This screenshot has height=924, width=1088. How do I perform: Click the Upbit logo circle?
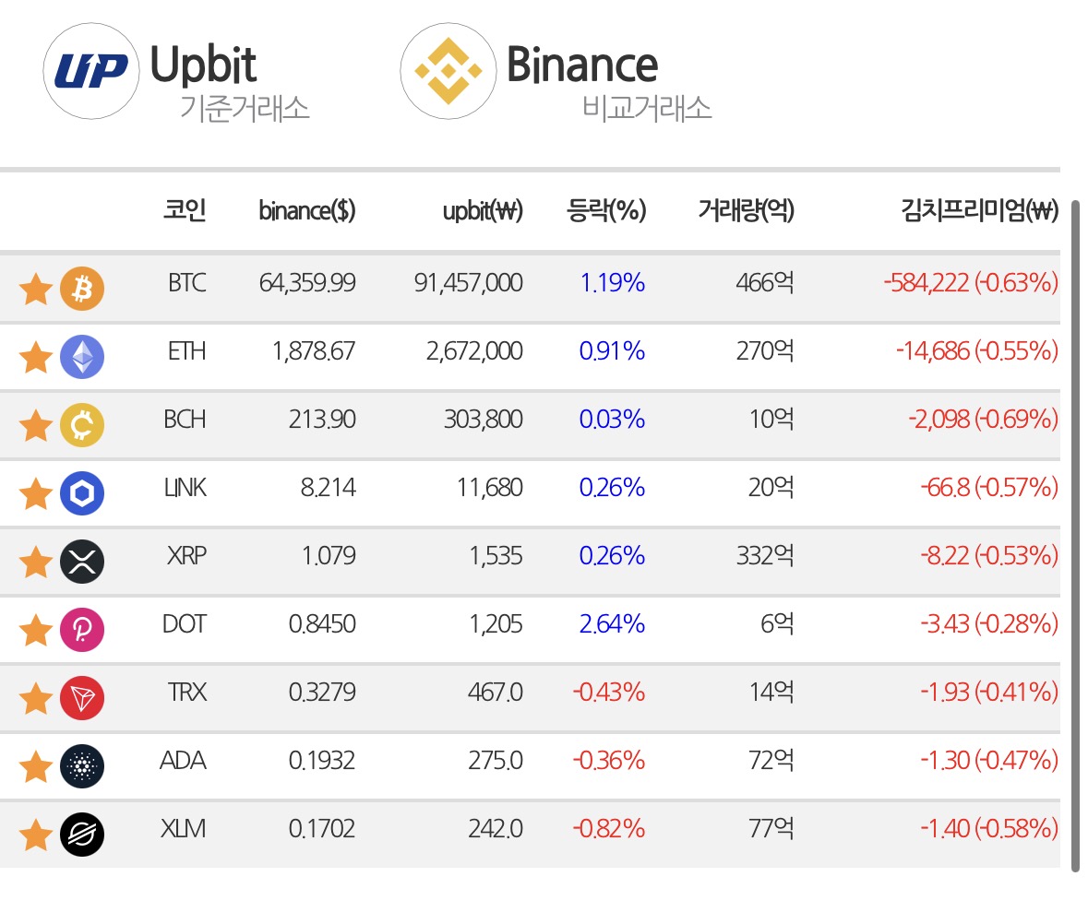point(91,71)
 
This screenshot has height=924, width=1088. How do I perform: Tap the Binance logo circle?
point(448,71)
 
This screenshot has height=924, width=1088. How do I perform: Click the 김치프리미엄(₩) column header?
point(979,209)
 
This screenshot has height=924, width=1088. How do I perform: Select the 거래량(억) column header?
point(746,209)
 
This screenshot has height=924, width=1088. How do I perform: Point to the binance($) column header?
point(306,210)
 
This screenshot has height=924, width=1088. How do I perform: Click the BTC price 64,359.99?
point(306,283)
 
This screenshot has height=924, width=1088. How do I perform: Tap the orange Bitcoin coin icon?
point(82,289)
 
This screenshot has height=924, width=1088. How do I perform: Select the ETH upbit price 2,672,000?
point(474,350)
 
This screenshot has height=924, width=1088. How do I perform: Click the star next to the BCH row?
point(35,425)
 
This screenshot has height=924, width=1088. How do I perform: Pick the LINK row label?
point(185,487)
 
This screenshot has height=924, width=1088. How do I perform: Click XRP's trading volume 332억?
point(765,555)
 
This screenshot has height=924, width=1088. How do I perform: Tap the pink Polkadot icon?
point(82,630)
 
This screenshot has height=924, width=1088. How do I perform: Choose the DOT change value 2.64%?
point(612,624)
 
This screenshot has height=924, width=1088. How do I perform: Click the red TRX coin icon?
point(82,697)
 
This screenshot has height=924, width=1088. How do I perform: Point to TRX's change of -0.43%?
point(608,692)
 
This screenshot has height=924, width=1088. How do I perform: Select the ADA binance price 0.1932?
point(322,761)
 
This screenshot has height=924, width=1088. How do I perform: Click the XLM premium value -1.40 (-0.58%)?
point(988,828)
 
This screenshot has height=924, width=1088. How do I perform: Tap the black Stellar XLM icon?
point(82,834)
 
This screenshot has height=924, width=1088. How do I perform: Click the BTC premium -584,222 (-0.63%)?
point(971,283)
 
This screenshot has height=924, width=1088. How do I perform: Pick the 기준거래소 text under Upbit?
point(245,108)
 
